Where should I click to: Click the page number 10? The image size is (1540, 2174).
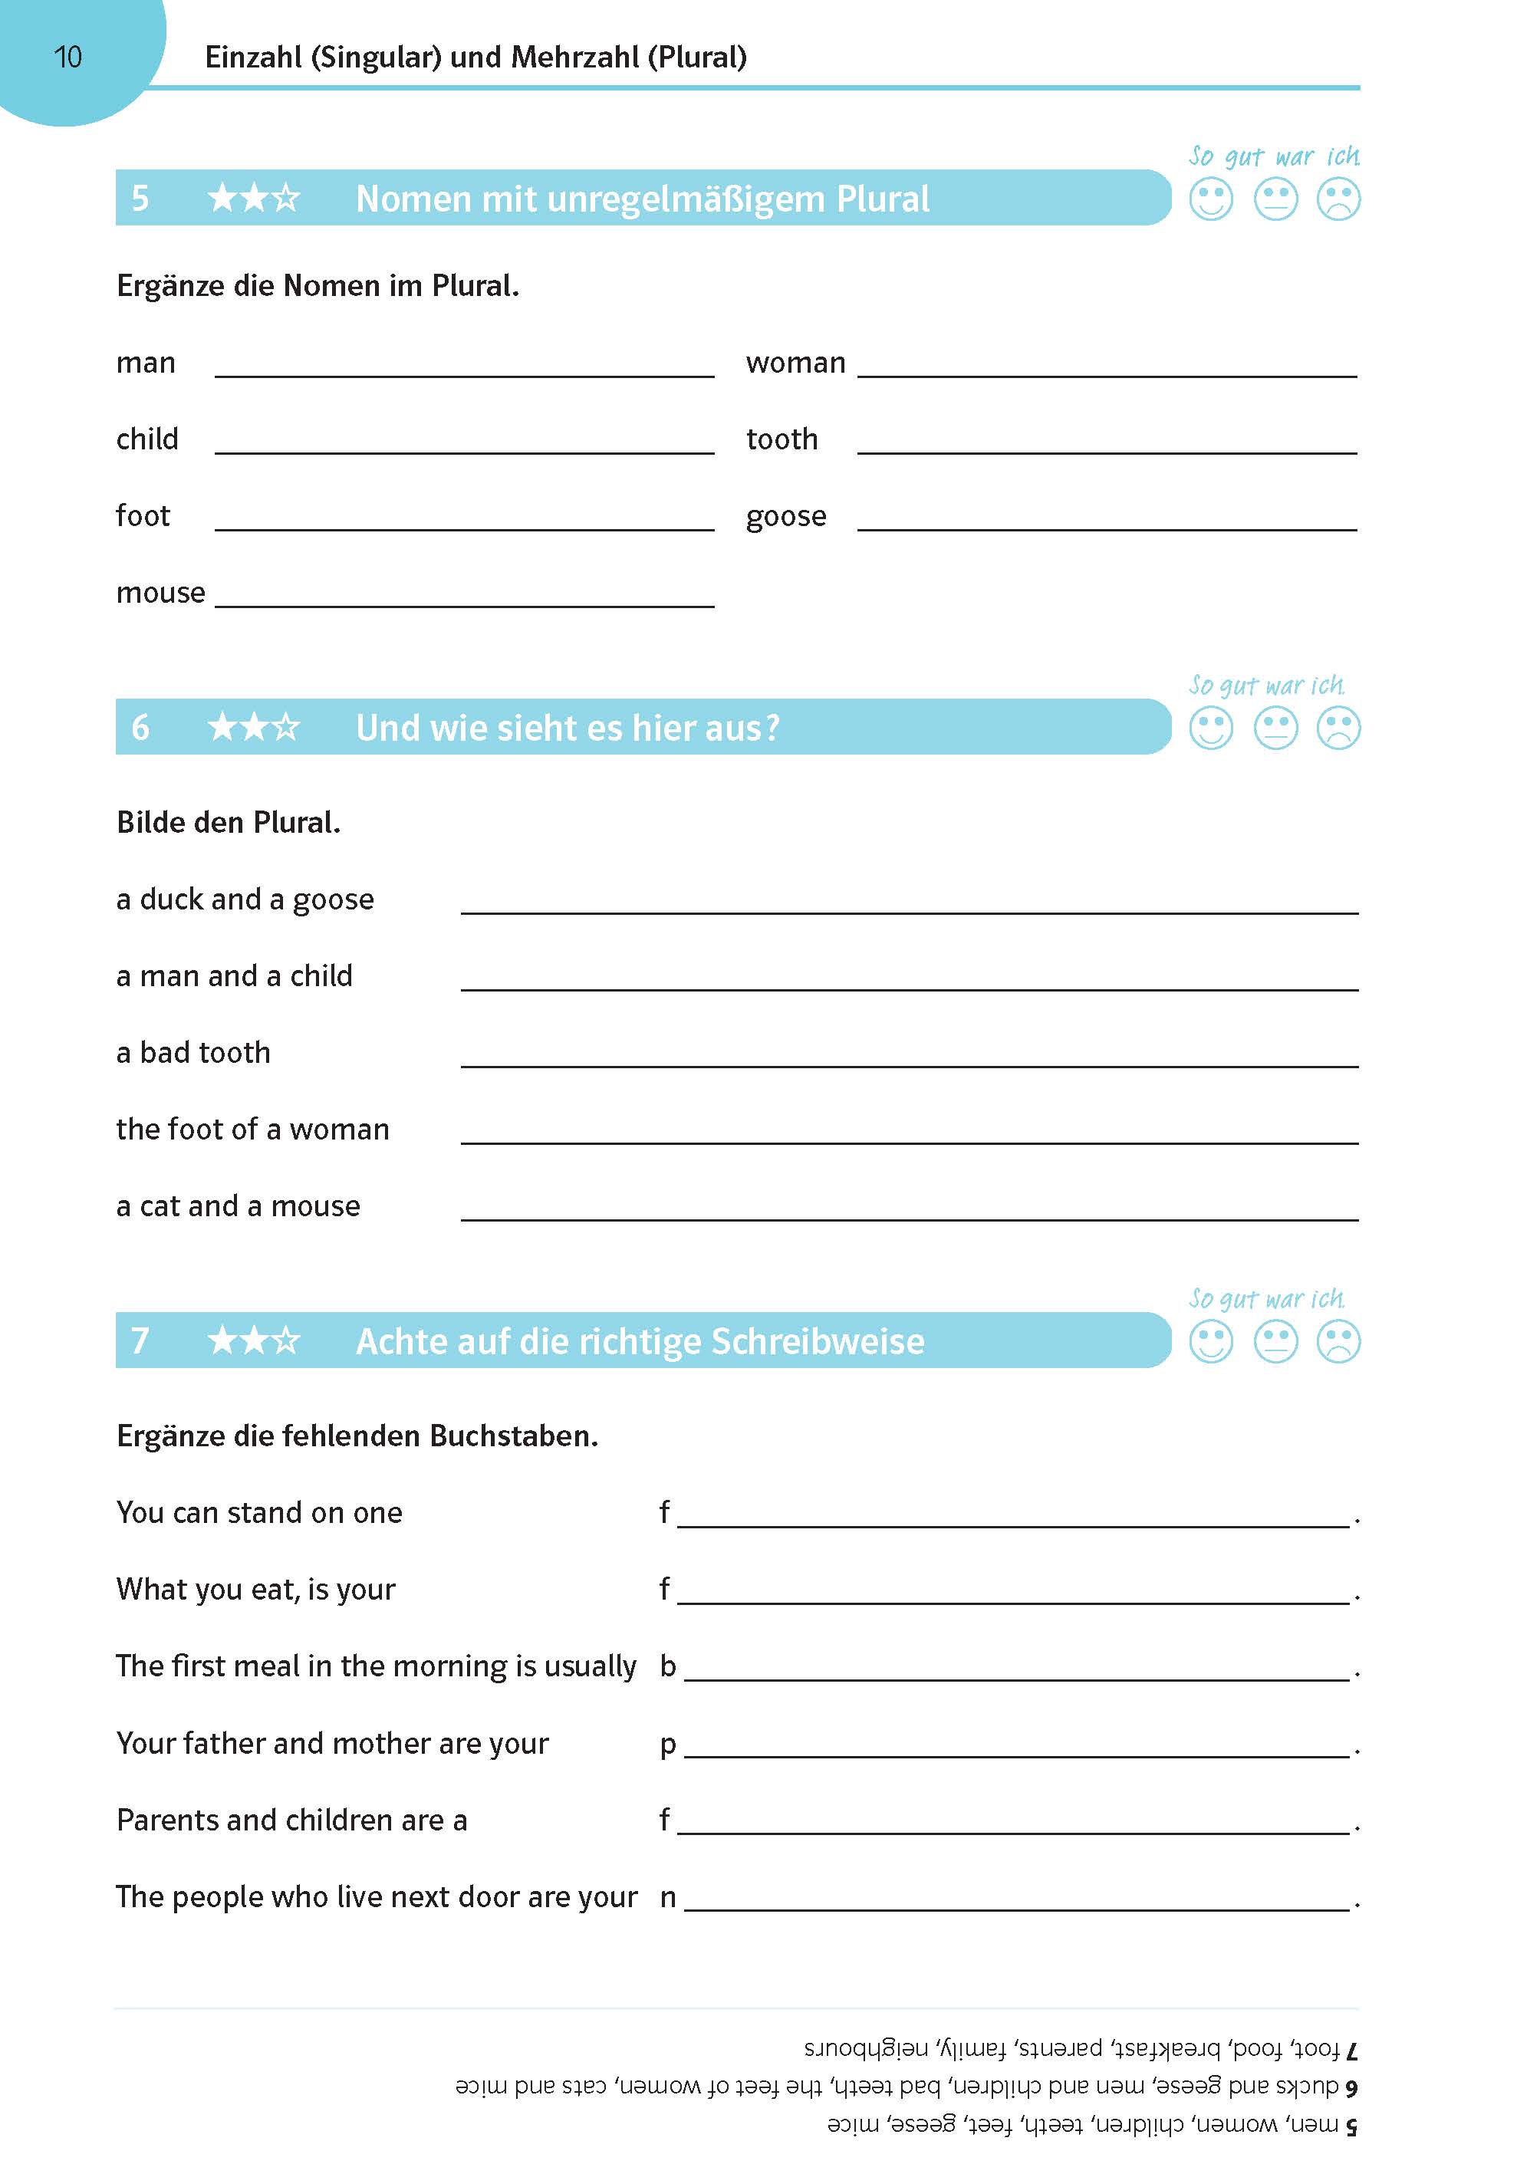point(68,58)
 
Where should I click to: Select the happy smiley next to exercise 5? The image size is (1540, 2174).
point(1211,200)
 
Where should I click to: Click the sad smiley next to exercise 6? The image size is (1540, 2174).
point(1338,729)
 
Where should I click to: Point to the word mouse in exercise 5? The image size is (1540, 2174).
point(160,594)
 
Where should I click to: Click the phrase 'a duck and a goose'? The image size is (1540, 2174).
point(245,900)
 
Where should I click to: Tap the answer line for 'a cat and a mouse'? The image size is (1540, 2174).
point(909,1215)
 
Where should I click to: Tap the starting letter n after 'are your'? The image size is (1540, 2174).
point(667,1897)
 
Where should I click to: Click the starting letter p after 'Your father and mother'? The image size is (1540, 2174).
point(667,1745)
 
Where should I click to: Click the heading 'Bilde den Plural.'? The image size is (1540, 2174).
point(228,823)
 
